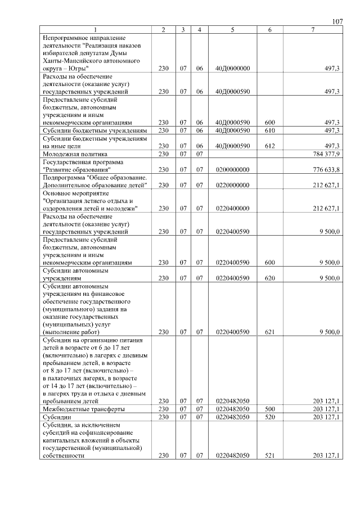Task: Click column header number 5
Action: coord(232,29)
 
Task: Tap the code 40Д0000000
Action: coord(232,68)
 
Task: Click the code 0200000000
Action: coord(232,169)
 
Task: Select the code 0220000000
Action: coord(232,185)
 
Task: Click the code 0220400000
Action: coord(232,208)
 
